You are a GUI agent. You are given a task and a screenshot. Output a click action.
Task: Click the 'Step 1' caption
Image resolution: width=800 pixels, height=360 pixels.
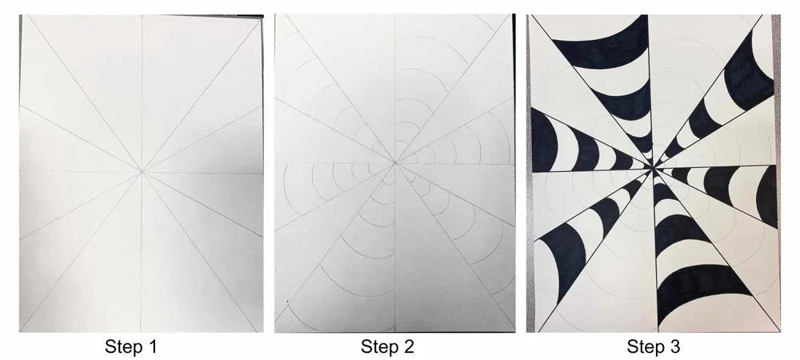134,347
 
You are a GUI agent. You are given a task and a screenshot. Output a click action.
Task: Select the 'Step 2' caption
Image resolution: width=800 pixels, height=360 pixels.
387,347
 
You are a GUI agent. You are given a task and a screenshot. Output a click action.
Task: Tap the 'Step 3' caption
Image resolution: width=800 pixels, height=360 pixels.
654,347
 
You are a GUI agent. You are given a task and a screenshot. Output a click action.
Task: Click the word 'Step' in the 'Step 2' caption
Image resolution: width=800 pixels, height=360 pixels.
376,347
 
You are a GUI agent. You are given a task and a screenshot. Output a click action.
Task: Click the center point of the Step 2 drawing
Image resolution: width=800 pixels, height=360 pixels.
394,163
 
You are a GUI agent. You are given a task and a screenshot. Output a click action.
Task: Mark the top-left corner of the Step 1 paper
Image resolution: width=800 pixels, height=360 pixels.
22,18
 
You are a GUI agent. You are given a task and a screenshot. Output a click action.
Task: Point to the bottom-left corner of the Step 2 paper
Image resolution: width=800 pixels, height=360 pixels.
276,331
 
